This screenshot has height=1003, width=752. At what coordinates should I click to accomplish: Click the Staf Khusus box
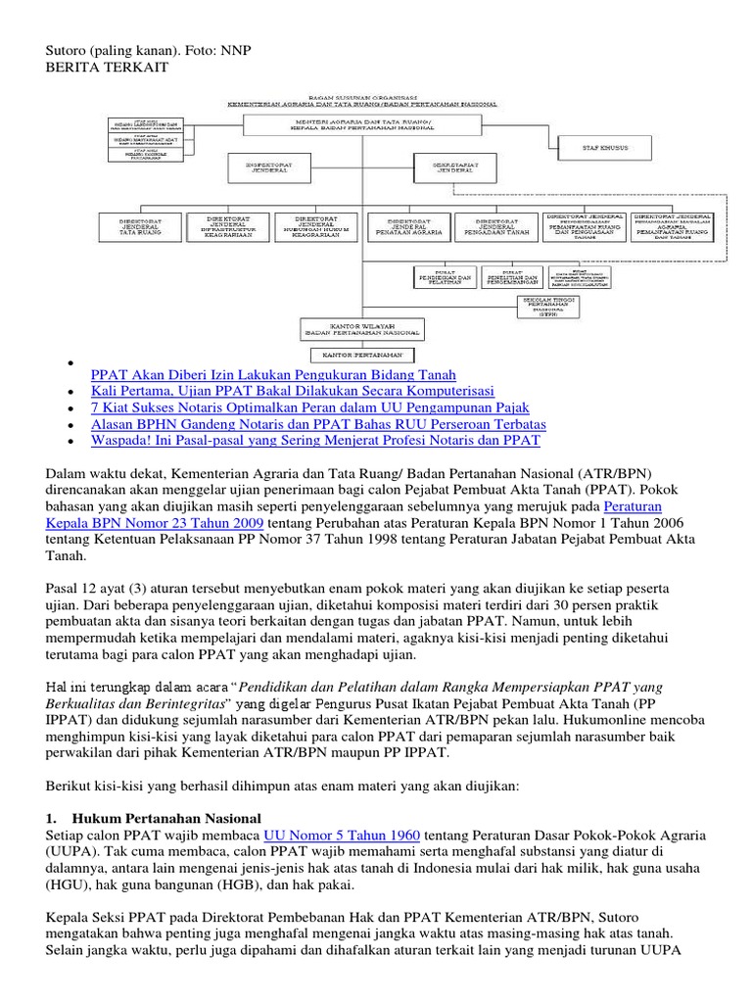[x=606, y=147]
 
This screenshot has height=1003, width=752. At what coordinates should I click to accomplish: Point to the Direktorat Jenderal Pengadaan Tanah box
[x=496, y=226]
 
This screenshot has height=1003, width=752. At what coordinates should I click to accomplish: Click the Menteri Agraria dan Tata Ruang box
[x=362, y=124]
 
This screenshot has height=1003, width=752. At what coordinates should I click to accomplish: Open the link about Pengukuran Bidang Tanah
[x=272, y=374]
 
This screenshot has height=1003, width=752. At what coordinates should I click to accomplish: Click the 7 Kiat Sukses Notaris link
[x=309, y=407]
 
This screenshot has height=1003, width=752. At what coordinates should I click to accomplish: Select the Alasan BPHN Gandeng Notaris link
[x=317, y=424]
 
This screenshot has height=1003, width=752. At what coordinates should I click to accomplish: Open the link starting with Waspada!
[x=314, y=441]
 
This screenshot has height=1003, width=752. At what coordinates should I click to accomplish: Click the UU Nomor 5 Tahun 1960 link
[x=343, y=835]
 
